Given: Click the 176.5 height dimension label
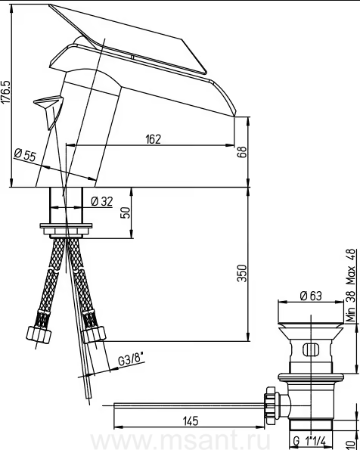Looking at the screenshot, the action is [x=5, y=92].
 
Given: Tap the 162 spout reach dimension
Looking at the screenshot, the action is [x=153, y=139].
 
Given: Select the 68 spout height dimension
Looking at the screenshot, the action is [x=242, y=152].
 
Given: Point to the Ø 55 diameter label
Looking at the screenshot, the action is [x=25, y=155].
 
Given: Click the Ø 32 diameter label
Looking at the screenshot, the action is [x=102, y=201].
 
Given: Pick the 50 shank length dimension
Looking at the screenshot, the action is [x=125, y=213].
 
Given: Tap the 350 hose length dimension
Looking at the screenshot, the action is [x=242, y=273].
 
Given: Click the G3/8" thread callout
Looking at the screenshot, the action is [x=131, y=360].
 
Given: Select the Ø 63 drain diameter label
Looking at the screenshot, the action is [x=311, y=296].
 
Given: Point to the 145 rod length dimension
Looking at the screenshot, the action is [x=191, y=421].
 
